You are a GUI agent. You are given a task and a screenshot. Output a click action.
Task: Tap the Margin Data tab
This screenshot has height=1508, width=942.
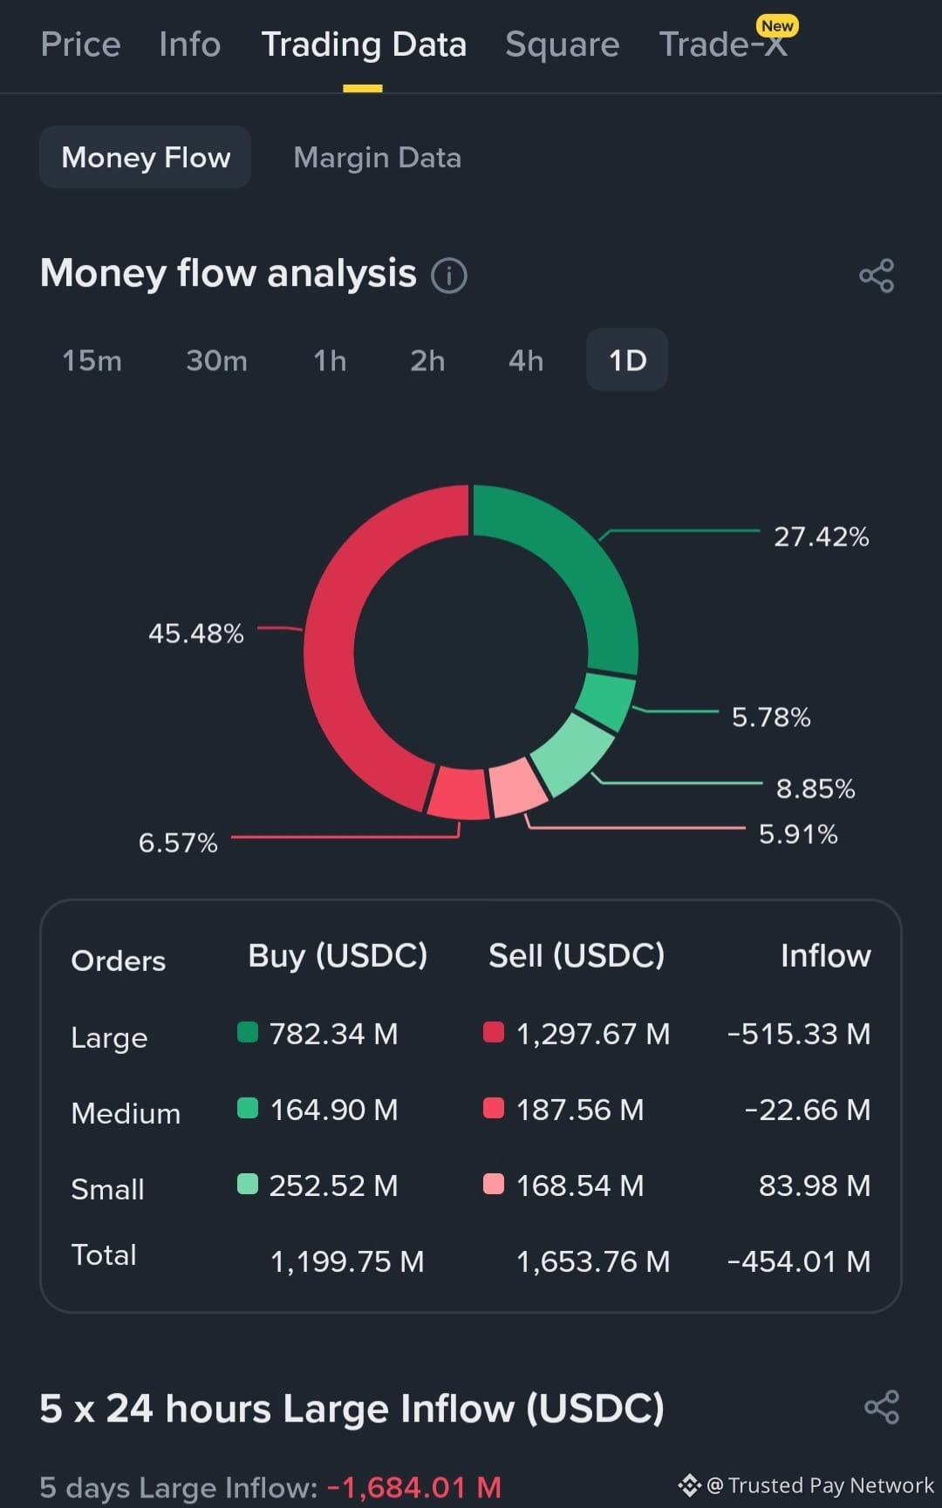coord(377,158)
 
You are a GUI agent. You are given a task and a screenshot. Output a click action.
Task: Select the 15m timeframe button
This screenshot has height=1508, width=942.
coord(92,360)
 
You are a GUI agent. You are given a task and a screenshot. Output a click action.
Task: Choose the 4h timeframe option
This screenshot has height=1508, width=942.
coord(526,360)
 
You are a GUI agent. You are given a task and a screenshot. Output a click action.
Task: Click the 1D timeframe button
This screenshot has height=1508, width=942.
coord(627,360)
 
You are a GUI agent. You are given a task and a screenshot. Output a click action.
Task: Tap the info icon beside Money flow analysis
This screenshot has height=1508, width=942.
coord(449,275)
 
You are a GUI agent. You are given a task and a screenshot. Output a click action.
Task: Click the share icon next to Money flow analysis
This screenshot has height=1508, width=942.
coord(877,275)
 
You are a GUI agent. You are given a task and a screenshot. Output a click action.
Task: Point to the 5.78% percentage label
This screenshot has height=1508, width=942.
coord(771,717)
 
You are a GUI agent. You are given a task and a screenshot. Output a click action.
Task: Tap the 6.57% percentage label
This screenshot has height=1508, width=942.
coord(178,843)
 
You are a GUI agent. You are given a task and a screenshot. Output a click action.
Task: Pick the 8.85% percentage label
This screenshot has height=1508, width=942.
coord(816,789)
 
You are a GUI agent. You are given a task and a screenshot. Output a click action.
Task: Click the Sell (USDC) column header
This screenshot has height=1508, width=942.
coord(577,956)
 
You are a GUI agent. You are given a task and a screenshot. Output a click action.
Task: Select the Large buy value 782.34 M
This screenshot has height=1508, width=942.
coord(333,1034)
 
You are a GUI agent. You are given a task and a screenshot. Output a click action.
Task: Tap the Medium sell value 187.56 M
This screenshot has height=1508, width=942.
coord(580,1110)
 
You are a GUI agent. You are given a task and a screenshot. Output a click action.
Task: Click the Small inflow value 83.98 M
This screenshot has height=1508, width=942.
coord(815,1185)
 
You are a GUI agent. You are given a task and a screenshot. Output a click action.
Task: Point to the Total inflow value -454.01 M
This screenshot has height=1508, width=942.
coord(799,1261)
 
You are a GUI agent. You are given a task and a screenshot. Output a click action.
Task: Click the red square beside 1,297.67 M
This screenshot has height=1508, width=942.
coord(494,1032)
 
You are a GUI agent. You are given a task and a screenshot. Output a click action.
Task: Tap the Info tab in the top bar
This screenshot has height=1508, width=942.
coord(190,44)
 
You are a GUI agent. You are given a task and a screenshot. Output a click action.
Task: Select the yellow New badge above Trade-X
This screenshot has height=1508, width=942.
coord(777,26)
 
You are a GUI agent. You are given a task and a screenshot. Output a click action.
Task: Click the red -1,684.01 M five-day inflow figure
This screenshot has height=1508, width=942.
coord(414,1487)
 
